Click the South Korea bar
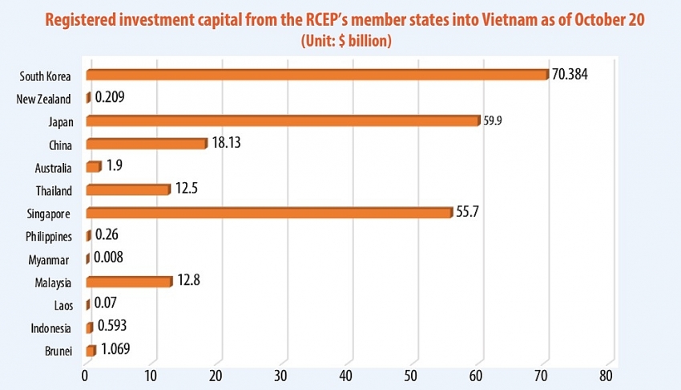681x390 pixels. click(317, 75)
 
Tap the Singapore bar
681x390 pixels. click(269, 213)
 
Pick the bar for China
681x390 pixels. click(146, 144)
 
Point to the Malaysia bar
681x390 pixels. click(128, 282)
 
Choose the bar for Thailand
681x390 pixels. click(127, 190)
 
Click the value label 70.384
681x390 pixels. click(574, 74)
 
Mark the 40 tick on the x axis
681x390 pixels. click(347, 376)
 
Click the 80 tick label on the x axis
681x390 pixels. click(606, 376)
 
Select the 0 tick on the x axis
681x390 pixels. click(85, 376)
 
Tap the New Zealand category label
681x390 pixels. click(44, 100)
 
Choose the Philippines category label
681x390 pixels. click(49, 237)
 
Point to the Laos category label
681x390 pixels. click(61, 305)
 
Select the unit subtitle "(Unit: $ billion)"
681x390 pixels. click(345, 41)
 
